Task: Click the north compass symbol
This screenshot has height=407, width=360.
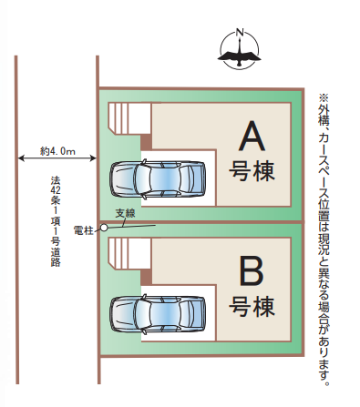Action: [x=241, y=52]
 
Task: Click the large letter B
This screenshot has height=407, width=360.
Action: [x=252, y=271]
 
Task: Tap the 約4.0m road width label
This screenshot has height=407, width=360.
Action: [x=57, y=150]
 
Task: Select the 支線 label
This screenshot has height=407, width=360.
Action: [x=126, y=214]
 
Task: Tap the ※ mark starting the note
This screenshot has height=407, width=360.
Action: [x=323, y=97]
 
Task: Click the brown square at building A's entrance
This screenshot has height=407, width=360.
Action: [x=146, y=140]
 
